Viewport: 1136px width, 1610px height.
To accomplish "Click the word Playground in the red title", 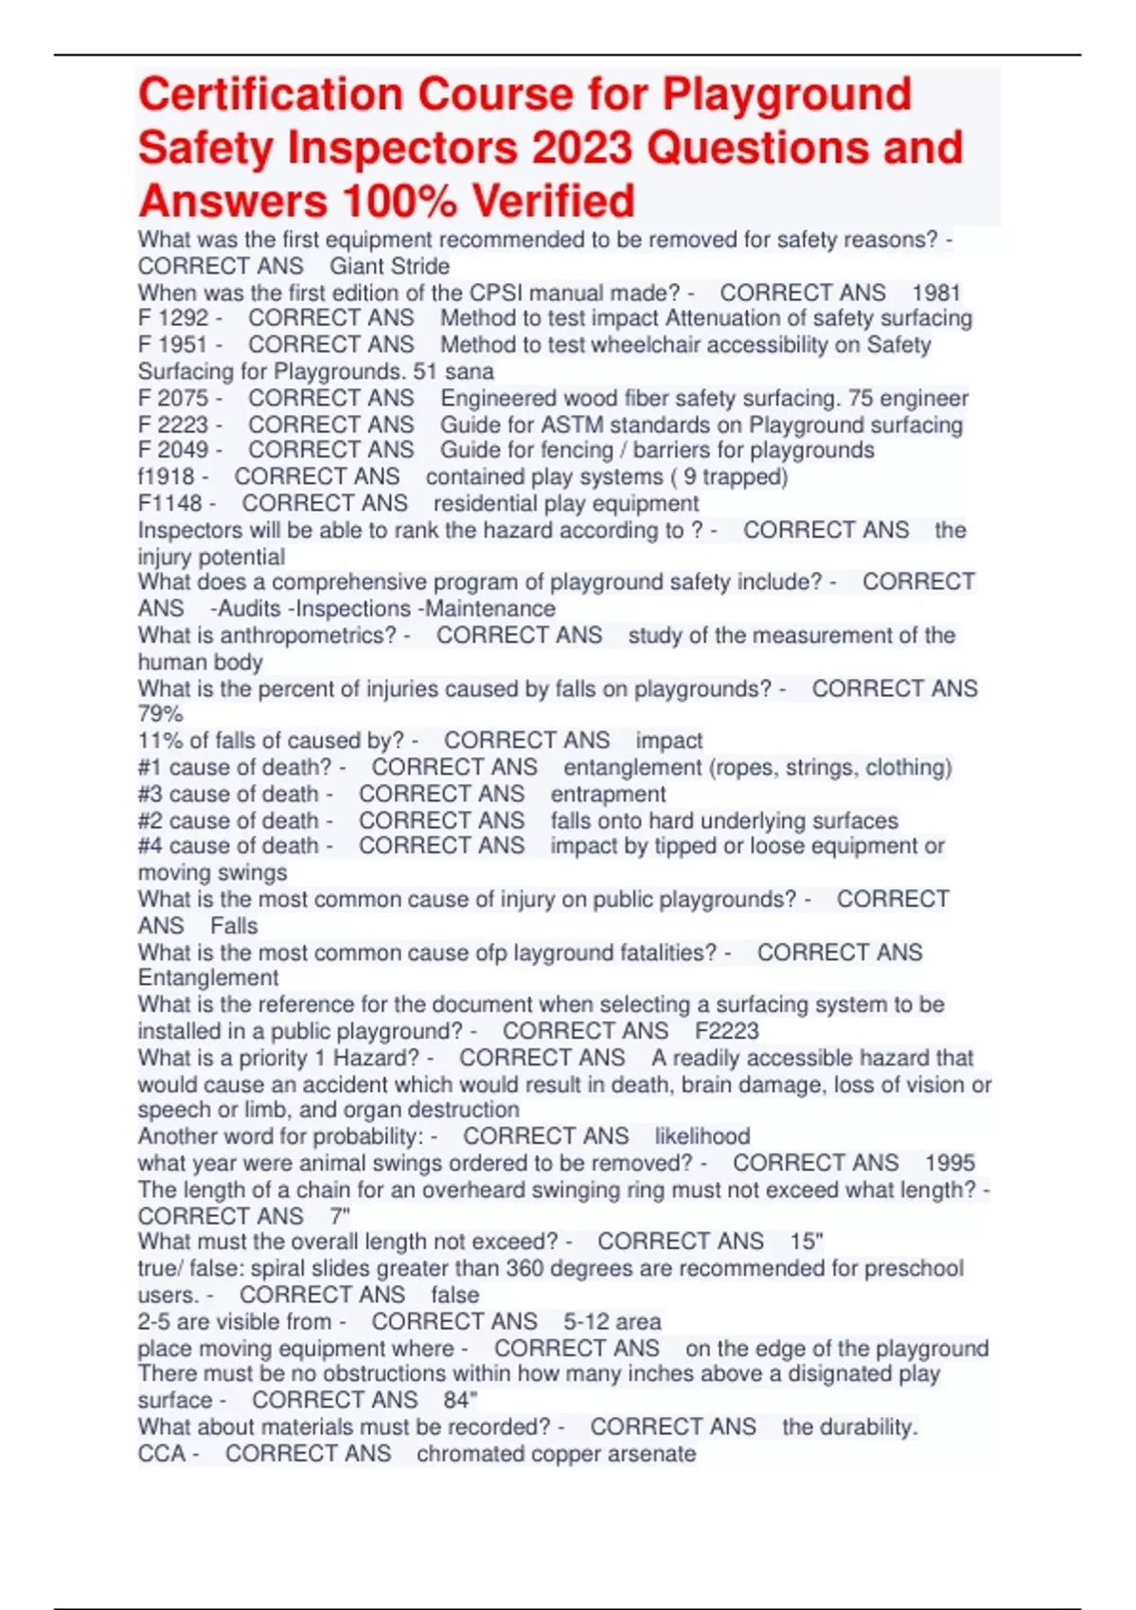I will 786,95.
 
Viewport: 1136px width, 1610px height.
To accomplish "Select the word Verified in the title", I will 554,201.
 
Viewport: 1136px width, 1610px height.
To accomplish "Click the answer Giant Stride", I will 389,266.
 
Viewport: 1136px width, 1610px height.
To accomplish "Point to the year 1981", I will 935,293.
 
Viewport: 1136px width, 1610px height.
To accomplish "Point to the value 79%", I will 160,714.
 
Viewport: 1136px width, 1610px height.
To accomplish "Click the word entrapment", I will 608,794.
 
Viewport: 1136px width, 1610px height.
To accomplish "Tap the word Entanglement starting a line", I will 208,977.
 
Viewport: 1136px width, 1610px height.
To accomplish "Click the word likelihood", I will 701,1136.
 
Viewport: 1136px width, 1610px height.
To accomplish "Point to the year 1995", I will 950,1162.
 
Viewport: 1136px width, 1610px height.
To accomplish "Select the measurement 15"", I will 807,1241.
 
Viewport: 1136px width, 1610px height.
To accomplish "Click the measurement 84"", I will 460,1400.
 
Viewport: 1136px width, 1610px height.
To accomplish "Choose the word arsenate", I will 652,1453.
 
